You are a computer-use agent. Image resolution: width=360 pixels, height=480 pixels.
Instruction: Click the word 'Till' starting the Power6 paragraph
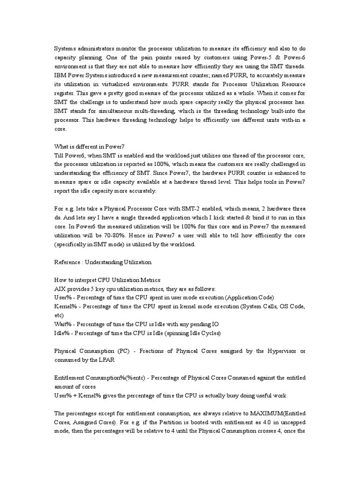tap(59, 155)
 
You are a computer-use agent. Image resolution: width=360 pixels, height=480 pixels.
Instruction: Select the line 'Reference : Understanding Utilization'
tap(103, 262)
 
